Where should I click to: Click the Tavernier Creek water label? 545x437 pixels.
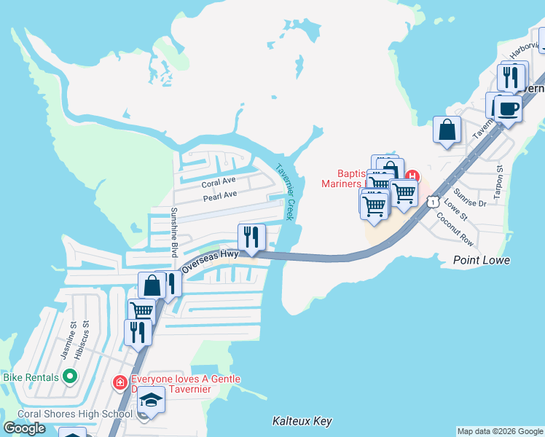pos(284,192)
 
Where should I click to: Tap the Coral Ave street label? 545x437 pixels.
pos(219,181)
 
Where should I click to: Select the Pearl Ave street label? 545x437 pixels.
pos(220,195)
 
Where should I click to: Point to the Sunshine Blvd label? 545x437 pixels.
pos(174,232)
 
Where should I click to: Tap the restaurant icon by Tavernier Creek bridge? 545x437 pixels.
pos(250,237)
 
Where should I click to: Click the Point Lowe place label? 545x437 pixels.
pos(481,260)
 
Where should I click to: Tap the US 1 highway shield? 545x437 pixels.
pos(433,201)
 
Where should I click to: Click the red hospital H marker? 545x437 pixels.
pos(412,176)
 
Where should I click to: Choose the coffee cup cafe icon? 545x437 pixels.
pos(508,109)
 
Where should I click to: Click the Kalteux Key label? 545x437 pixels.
pos(302,421)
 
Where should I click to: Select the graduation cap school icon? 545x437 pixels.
pos(152,400)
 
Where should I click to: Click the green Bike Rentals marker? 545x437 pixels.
pos(70,377)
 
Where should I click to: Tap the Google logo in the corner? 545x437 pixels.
pos(24,428)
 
